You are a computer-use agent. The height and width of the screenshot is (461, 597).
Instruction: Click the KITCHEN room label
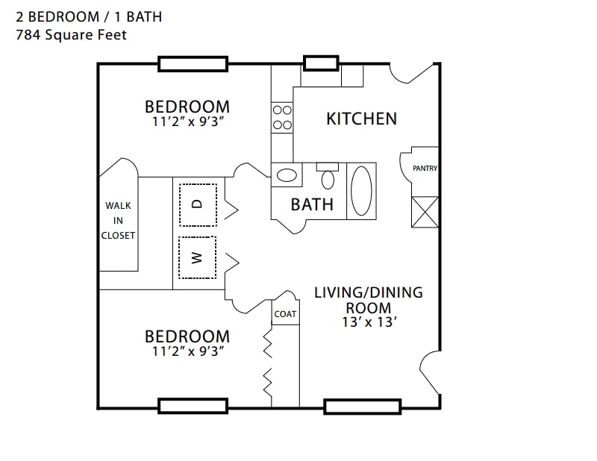[361, 118]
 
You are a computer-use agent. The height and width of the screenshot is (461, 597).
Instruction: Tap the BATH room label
[312, 204]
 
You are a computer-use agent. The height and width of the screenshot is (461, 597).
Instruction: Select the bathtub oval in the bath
[361, 191]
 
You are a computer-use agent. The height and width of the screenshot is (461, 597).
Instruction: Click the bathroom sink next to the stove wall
[286, 175]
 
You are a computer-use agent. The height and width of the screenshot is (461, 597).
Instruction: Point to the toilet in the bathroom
[328, 177]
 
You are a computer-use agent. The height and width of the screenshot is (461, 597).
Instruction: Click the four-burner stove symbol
[282, 117]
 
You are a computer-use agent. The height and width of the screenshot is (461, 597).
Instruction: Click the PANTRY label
[425, 169]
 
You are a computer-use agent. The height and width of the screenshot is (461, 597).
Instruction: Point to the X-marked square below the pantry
[425, 212]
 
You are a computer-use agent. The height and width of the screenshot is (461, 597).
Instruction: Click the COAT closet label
[285, 314]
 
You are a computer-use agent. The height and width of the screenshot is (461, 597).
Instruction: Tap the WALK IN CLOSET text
[119, 220]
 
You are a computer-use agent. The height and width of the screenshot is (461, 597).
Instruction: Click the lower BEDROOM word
[187, 336]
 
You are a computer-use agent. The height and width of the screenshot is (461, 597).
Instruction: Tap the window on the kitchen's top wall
[320, 63]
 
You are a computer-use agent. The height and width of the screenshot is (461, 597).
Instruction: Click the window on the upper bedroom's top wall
[193, 64]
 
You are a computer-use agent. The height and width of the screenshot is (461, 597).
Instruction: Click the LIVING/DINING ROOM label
[368, 299]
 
